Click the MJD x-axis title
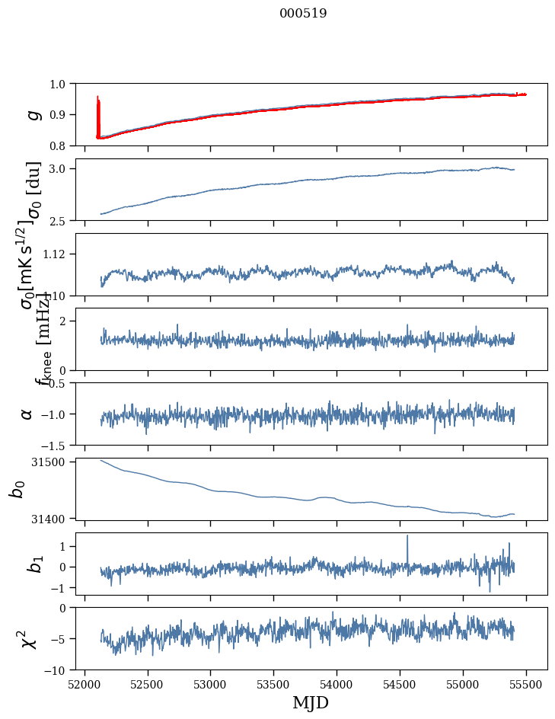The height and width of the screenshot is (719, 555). click(311, 703)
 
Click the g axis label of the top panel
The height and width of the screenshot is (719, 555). click(32, 114)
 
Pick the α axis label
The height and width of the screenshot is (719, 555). click(27, 414)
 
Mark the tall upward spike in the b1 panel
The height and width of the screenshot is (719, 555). click(407, 538)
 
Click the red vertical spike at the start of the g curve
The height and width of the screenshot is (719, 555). click(98, 114)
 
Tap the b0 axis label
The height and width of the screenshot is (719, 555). click(17, 488)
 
